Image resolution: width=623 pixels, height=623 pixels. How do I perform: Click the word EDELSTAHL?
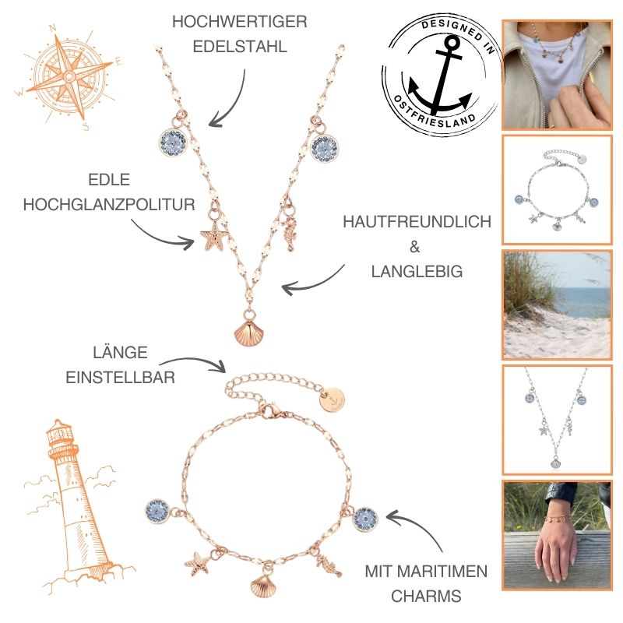240,47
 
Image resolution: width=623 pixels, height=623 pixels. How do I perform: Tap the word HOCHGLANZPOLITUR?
109,205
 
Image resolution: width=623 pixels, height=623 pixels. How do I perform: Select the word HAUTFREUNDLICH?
417,222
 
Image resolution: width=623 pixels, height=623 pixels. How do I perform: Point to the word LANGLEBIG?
417,271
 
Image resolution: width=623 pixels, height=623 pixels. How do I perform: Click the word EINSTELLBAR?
121,377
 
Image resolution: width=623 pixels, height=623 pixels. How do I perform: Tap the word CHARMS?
426,596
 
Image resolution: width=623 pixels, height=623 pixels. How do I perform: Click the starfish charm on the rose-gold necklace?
213,234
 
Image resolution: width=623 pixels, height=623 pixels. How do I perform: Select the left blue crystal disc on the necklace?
173,143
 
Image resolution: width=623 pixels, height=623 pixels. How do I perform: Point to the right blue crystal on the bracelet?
365,519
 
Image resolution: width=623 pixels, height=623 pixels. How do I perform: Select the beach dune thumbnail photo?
557,304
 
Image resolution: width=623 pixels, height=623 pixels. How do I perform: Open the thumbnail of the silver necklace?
557,420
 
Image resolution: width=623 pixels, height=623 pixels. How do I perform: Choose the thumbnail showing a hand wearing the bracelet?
557,535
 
